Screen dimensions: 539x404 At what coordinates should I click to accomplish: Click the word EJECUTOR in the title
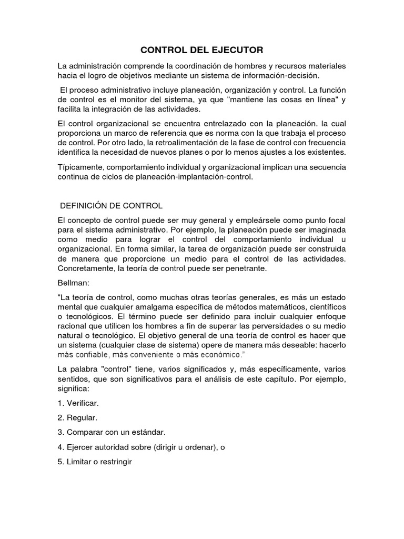[235, 50]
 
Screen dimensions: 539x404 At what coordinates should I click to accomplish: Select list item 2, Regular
[82, 418]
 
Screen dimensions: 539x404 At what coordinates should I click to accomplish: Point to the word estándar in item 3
[147, 433]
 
